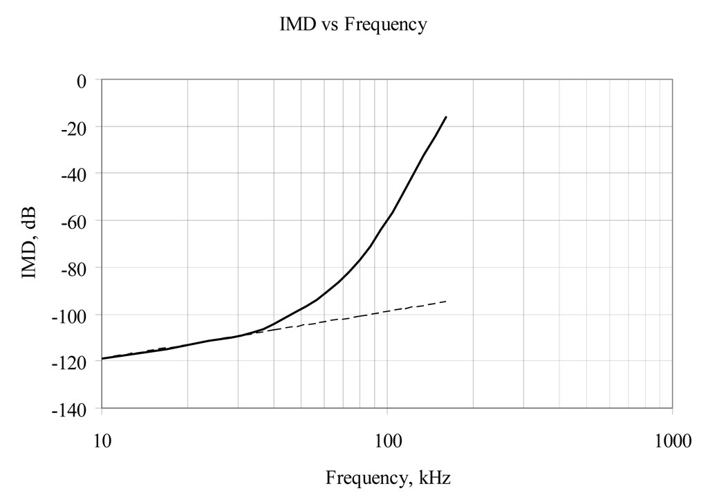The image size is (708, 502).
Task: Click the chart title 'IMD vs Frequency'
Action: (353, 26)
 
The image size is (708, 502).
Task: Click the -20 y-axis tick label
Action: (75, 127)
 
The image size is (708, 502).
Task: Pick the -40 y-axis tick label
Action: (75, 174)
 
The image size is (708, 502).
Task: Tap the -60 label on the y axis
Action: (75, 221)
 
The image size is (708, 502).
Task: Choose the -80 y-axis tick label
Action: (75, 268)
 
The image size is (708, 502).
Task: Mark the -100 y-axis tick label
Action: (72, 315)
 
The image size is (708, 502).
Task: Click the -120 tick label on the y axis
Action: (72, 362)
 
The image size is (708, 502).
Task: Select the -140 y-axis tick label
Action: (72, 409)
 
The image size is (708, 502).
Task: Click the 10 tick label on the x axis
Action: (102, 440)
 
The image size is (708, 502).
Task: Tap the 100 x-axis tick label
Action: (388, 440)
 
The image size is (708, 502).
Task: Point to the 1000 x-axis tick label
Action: (673, 440)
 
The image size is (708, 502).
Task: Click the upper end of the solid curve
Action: (446, 118)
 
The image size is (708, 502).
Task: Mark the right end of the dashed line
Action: (446, 301)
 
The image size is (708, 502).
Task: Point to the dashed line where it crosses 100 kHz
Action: (388, 310)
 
